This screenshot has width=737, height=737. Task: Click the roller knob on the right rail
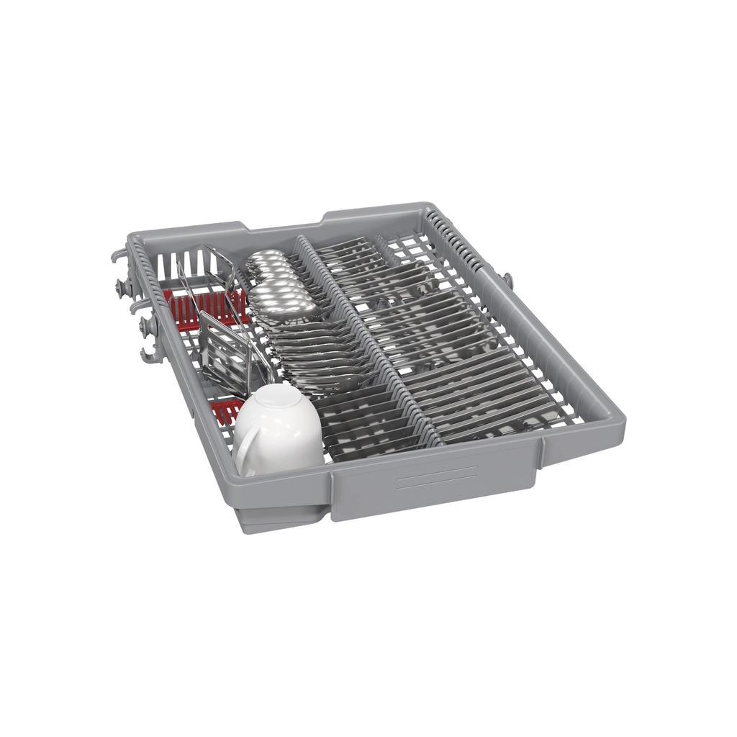507,279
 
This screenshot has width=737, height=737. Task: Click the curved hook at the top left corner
119,256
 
